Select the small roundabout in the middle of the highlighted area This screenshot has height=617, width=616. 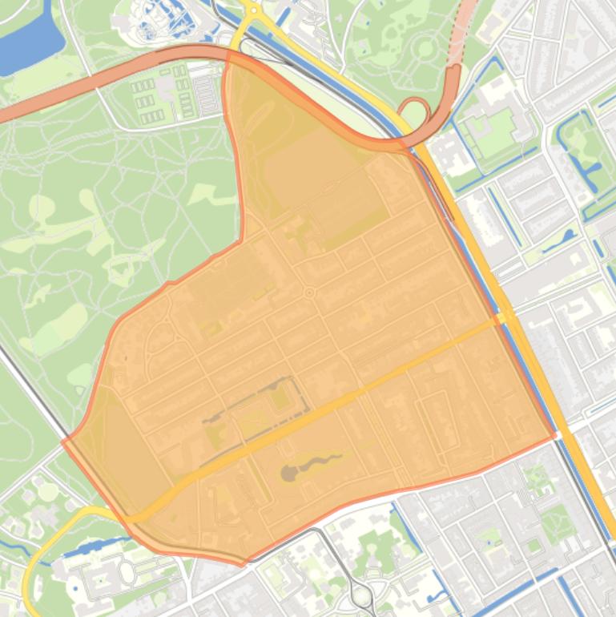point(309,293)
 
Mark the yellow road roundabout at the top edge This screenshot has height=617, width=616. point(251,10)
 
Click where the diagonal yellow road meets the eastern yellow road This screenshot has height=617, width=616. point(505,318)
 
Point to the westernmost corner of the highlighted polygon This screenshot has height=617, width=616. point(62,440)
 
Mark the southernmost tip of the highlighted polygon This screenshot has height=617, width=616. point(243,565)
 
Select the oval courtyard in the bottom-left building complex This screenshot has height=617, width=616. point(127,572)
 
